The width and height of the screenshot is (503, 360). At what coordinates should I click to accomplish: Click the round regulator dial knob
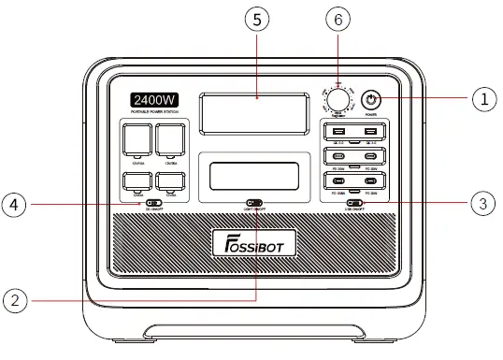pyautogui.click(x=338, y=101)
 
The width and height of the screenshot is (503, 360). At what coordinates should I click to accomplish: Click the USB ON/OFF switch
pyautogui.click(x=355, y=202)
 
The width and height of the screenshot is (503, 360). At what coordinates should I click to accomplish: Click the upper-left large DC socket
pyautogui.click(x=138, y=141)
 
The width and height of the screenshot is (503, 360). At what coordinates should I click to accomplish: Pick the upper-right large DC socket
pyautogui.click(x=171, y=141)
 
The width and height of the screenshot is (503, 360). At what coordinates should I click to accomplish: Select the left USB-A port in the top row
pyautogui.click(x=338, y=130)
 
